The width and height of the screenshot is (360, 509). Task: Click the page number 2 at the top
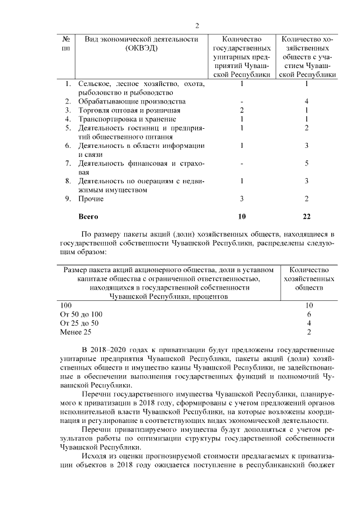(197, 25)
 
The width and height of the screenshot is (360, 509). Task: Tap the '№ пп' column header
(66, 44)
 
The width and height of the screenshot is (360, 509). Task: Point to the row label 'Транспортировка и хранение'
(127, 119)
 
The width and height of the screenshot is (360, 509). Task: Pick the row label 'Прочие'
(91, 199)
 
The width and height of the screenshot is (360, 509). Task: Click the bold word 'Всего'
(89, 216)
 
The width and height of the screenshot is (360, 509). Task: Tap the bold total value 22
(307, 216)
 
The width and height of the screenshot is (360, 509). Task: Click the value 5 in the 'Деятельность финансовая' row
(307, 164)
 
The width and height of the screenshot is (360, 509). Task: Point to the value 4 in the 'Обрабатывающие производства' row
(307, 101)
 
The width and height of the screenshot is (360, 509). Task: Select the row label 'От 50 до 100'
(81, 314)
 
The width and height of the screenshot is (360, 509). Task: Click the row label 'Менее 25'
(75, 332)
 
